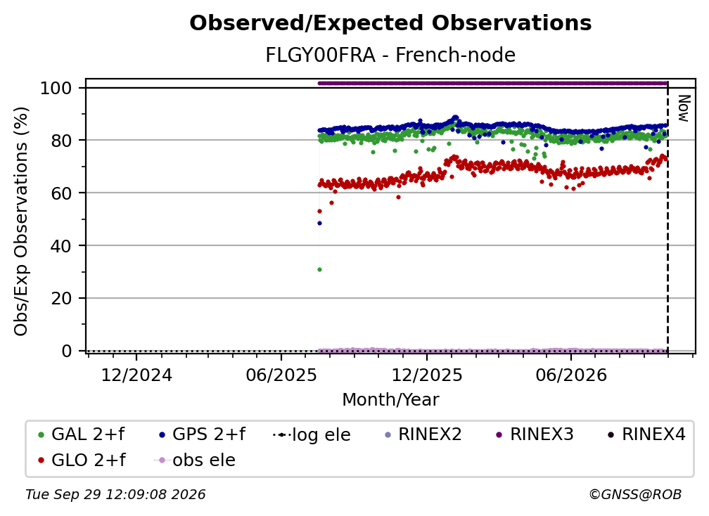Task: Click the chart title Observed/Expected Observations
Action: (390, 23)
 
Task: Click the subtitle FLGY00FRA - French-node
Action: (390, 55)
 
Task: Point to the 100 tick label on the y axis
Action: (56, 88)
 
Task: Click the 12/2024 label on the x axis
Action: (136, 375)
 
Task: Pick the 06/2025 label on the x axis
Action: (281, 375)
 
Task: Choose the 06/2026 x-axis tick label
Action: (571, 375)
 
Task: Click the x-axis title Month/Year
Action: (390, 400)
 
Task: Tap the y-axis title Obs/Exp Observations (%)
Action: (21, 221)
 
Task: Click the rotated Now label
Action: (684, 108)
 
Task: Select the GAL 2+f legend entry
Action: (82, 434)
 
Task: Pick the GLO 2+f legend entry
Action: (82, 460)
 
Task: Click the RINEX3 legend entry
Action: (535, 434)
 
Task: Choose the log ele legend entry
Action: (312, 434)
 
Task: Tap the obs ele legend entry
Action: (195, 460)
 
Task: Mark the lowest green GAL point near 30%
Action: (319, 270)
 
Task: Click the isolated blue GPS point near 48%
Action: (319, 224)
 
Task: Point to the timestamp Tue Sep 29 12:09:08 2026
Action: (115, 495)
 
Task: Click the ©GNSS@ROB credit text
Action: (635, 495)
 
